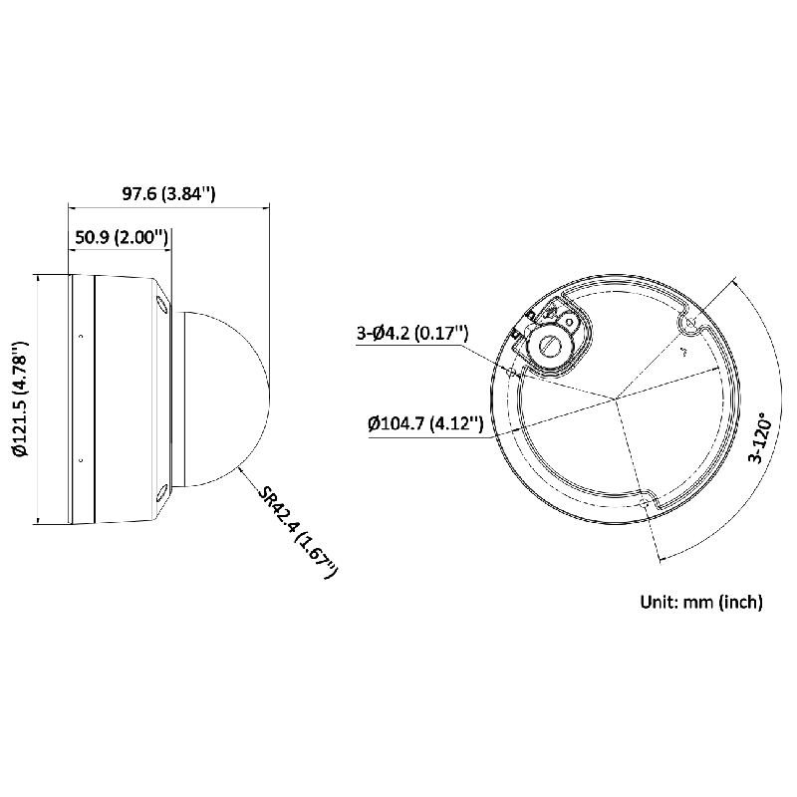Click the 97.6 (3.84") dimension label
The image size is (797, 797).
(168, 193)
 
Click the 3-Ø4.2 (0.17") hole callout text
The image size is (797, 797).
(412, 335)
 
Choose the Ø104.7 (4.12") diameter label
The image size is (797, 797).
(425, 425)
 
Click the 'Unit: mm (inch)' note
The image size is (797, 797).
(700, 602)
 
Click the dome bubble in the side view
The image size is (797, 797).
(224, 398)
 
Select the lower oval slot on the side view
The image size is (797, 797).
(161, 492)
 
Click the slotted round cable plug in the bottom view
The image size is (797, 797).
(549, 343)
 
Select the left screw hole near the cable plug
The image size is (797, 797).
(511, 370)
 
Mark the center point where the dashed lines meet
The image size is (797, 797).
(616, 400)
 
